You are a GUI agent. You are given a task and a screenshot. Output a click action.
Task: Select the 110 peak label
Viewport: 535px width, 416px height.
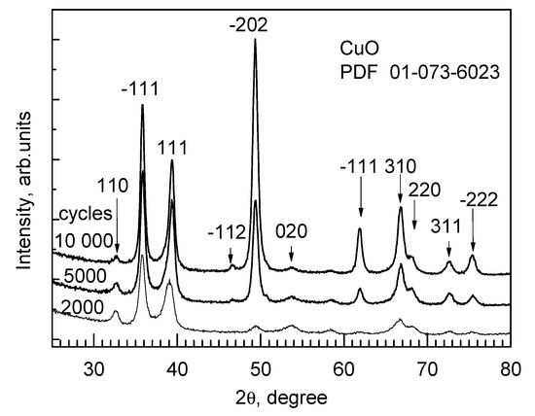pos(114,184)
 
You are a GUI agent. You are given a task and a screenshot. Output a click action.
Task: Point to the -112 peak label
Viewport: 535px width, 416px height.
pos(227,231)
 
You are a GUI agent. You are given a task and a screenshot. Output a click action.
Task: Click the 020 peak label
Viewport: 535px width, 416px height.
pos(291,231)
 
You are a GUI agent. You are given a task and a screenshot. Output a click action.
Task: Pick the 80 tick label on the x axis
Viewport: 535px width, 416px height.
pos(510,368)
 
